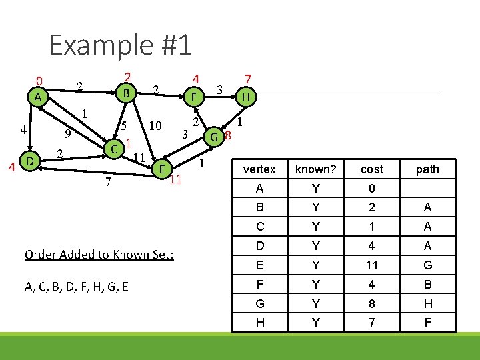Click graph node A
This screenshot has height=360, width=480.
point(39,97)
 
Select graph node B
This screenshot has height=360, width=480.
point(125,91)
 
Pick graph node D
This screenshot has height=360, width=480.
point(29,161)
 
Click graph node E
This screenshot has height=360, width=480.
point(161,169)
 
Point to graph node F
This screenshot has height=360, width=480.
point(194,97)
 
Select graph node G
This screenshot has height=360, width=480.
point(214,137)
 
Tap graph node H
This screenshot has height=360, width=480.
point(246,97)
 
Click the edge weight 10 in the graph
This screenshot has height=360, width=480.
point(156,125)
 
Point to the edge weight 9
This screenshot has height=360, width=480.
point(69,133)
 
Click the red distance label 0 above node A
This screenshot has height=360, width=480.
point(39,82)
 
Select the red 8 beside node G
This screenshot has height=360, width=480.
point(227,137)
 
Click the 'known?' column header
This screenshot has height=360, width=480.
point(315,169)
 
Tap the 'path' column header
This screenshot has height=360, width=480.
point(427,169)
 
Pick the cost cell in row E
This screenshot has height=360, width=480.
point(371,265)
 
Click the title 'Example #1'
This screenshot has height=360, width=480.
point(120,45)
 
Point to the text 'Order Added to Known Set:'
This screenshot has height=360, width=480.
point(99,255)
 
